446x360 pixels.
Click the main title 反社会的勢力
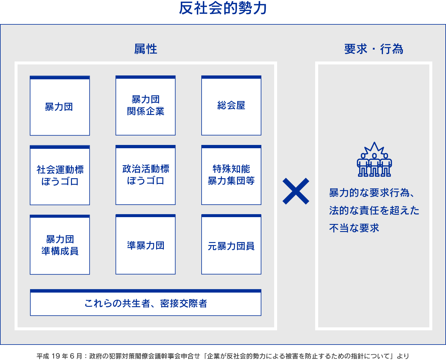(223, 8)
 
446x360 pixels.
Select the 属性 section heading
(145, 49)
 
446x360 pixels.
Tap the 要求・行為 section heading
(373, 49)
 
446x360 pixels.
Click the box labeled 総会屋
(231, 105)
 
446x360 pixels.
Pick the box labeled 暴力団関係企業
(145, 105)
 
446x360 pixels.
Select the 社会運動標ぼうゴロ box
(60, 175)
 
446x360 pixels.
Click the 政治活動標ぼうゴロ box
(145, 175)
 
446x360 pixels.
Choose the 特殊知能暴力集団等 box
(231, 175)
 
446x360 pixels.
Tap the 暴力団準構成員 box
(60, 245)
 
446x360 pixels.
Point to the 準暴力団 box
(145, 245)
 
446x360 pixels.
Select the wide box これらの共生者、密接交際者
(145, 303)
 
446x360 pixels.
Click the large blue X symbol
(296, 191)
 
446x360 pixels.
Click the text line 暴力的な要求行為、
(371, 193)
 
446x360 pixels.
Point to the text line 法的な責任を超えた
(374, 211)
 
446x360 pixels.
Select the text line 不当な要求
(354, 228)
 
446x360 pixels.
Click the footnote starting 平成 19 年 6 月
(223, 356)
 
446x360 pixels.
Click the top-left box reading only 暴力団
(60, 106)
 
